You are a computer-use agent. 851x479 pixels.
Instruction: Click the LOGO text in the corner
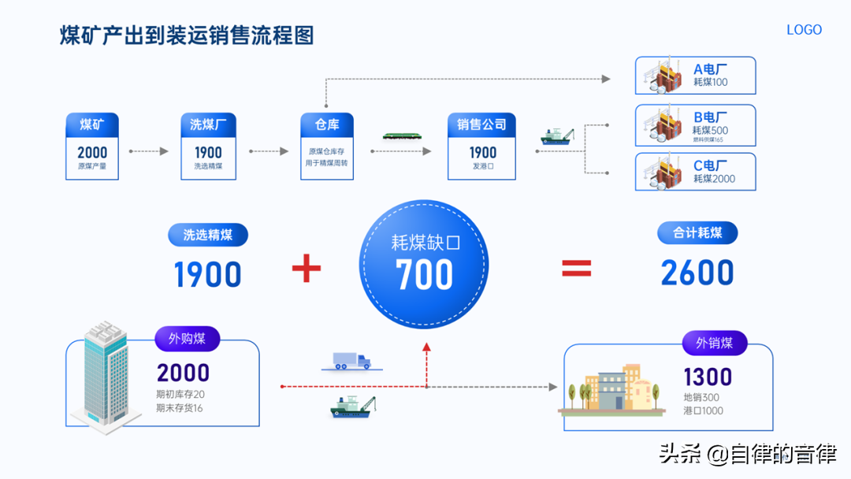tap(804, 30)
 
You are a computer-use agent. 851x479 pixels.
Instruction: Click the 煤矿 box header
tap(92, 124)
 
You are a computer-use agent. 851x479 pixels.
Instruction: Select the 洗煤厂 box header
tap(208, 124)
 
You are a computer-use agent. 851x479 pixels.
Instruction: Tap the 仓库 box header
tap(327, 124)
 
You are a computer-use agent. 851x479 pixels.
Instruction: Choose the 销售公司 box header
tap(481, 124)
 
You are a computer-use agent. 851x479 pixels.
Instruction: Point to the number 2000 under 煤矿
tap(92, 152)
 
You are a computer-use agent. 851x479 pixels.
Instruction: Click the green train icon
tap(402, 136)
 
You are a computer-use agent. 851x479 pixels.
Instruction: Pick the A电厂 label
tap(711, 69)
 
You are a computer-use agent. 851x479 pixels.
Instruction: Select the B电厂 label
tap(711, 117)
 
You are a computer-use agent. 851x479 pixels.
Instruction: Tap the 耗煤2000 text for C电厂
tap(714, 179)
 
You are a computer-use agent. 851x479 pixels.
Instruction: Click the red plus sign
tap(307, 268)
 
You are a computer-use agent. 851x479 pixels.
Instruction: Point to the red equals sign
tap(576, 268)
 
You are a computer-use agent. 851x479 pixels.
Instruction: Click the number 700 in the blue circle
tap(424, 274)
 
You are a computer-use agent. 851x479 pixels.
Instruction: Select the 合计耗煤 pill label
tap(697, 232)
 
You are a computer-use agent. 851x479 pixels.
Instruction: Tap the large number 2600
tap(697, 273)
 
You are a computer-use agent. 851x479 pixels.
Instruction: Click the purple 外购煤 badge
tap(188, 339)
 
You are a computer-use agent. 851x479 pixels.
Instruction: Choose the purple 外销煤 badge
tap(715, 343)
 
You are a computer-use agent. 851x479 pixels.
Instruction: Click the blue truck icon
tap(351, 361)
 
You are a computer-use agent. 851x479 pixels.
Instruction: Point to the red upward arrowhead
tap(426, 347)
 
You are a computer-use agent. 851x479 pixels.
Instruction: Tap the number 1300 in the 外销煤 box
tap(708, 377)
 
